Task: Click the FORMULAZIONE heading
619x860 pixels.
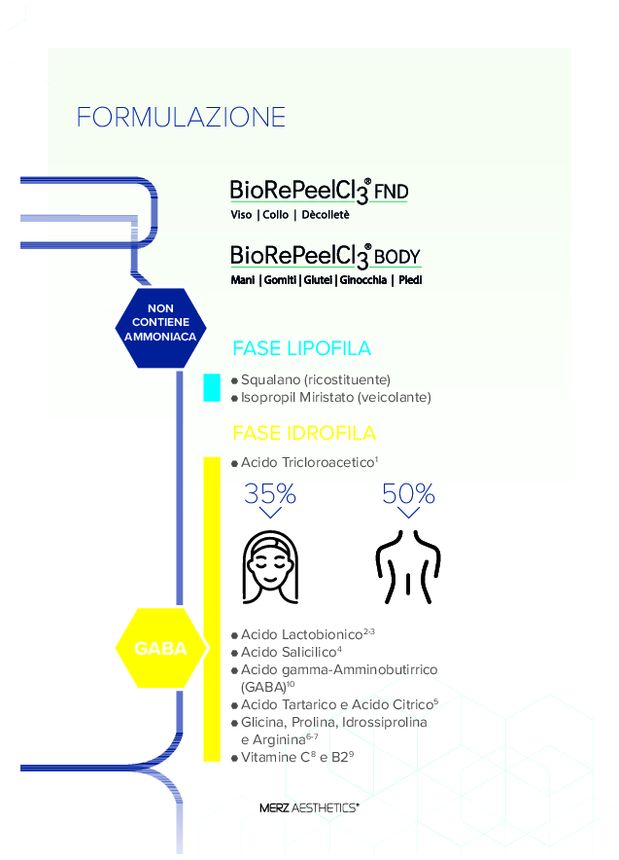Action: tap(181, 118)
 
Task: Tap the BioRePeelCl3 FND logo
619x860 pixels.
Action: tap(319, 191)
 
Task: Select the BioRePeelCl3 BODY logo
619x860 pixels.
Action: tap(325, 257)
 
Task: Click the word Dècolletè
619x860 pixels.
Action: tap(325, 215)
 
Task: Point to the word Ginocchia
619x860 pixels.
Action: tap(363, 280)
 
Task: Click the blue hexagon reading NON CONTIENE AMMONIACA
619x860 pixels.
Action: tap(160, 328)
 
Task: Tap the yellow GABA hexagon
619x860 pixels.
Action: tap(160, 648)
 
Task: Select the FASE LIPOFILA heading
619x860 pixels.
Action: tap(301, 349)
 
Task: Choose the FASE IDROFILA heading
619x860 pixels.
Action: tap(304, 433)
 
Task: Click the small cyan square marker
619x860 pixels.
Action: tap(211, 387)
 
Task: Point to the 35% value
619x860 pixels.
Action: tap(270, 494)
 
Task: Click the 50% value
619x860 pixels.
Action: tap(408, 494)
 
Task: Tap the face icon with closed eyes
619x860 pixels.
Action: tap(270, 566)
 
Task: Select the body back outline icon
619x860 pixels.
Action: tap(408, 566)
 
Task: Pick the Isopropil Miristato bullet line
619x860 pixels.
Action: tap(330, 397)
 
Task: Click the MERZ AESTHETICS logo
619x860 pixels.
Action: tap(309, 807)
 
